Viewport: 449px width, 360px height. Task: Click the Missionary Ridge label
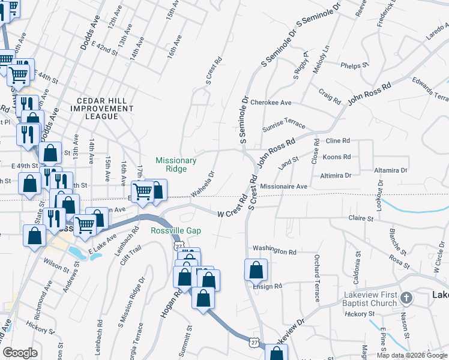(176, 164)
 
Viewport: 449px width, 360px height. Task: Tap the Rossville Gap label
(176, 231)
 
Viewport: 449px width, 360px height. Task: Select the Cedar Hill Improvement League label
(101, 109)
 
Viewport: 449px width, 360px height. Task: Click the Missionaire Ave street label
(283, 187)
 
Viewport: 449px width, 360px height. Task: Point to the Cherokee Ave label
(271, 103)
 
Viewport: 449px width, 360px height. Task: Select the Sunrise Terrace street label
(284, 124)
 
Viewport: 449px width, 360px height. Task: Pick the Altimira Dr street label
(336, 175)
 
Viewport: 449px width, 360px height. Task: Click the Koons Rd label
(336, 157)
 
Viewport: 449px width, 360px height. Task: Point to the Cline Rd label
(337, 140)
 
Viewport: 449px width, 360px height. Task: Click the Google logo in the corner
(20, 353)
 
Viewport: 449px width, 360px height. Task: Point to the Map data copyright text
(412, 355)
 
